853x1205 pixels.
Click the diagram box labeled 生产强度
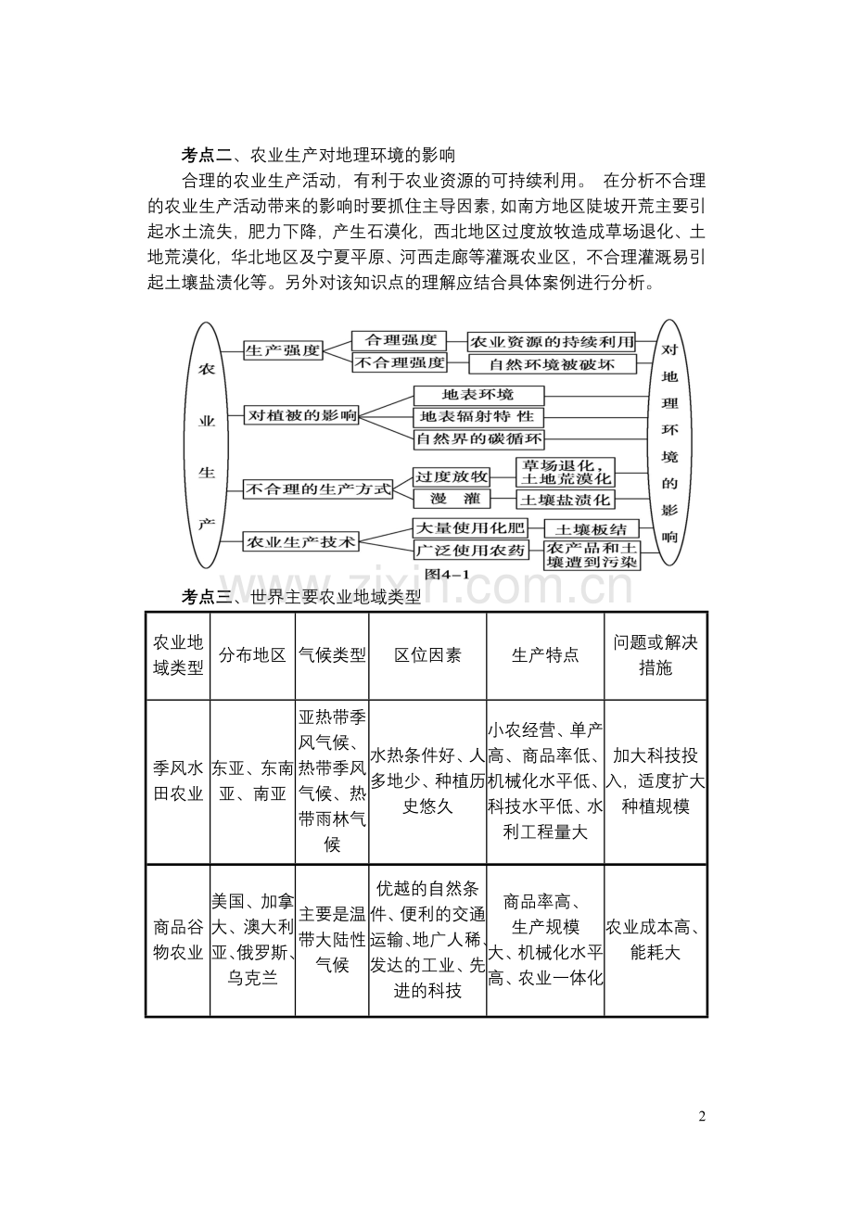pos(283,350)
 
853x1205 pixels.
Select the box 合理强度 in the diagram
pos(400,340)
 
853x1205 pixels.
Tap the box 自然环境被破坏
pos(553,363)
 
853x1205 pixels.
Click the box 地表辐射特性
pos(477,416)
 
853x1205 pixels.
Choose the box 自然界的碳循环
pos(478,438)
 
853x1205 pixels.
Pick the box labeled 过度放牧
pos(451,476)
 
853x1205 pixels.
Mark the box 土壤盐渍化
pos(565,500)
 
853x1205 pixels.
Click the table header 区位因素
pos(427,655)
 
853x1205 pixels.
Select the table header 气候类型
pos(332,655)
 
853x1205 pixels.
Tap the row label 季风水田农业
pos(178,780)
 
